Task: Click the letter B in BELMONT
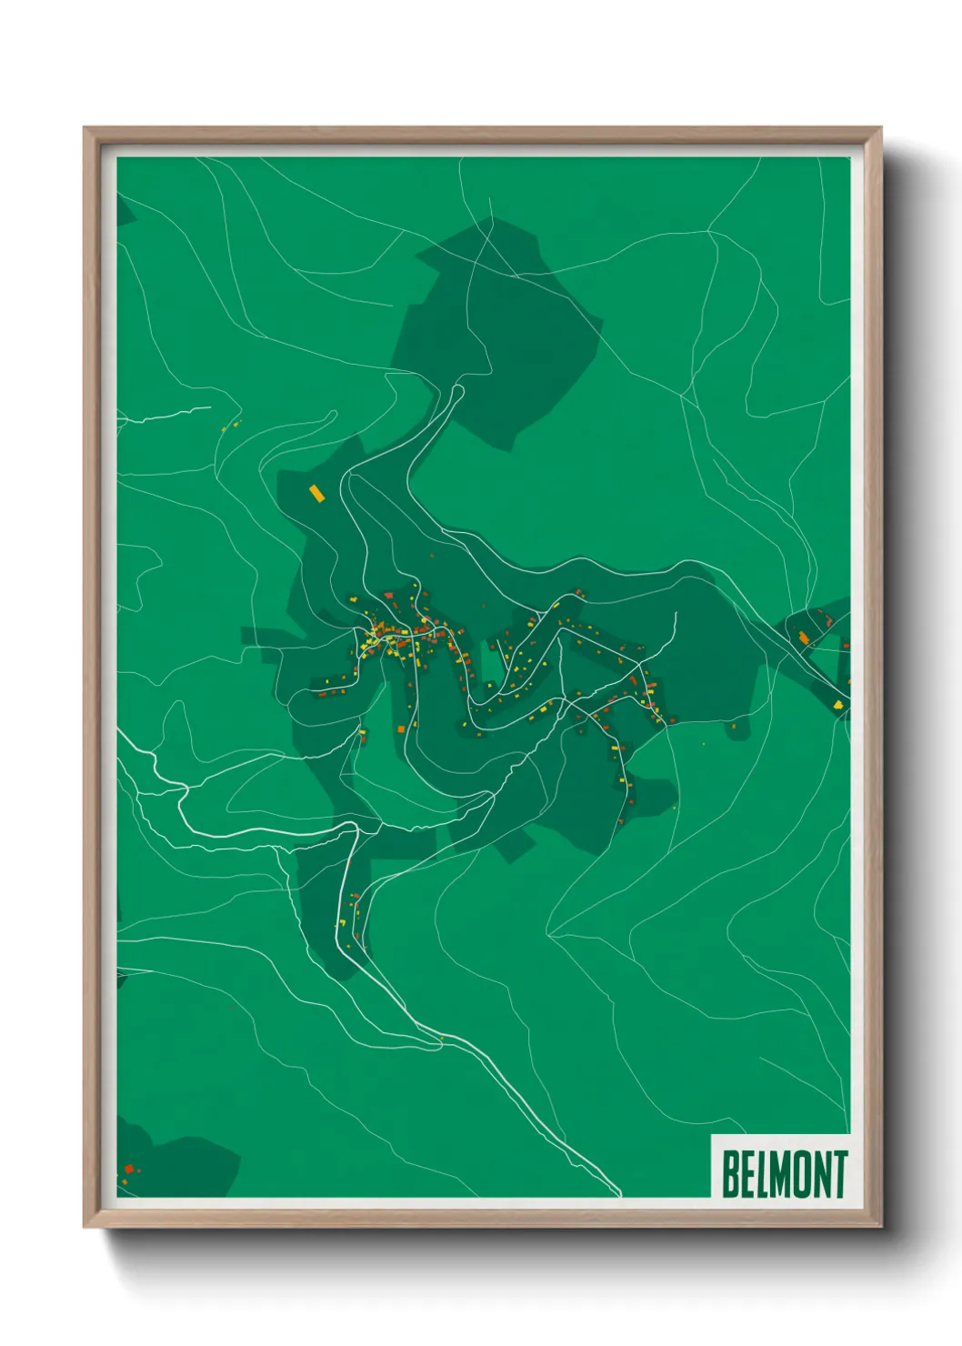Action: click(731, 1173)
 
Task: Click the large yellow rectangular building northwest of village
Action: click(316, 493)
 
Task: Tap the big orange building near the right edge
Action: click(804, 638)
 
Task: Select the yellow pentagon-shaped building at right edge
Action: click(837, 704)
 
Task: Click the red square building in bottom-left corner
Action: click(129, 1169)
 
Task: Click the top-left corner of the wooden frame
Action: click(85, 128)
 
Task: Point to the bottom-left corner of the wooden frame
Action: click(85, 1227)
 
